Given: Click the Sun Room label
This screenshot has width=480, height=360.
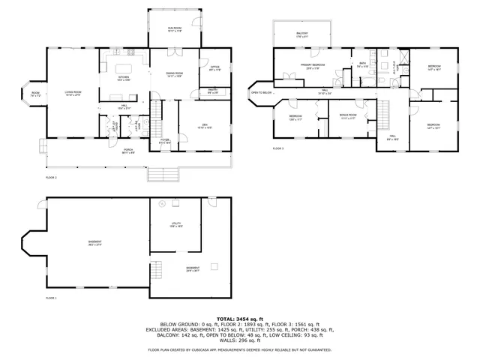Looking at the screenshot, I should click(x=175, y=29).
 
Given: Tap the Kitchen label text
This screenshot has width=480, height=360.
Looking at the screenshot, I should click(x=124, y=77).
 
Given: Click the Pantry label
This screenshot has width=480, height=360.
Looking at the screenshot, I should click(x=213, y=91).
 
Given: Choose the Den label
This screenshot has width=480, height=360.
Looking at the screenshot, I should click(x=204, y=126).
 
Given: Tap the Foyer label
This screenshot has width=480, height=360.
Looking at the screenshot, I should click(x=165, y=140).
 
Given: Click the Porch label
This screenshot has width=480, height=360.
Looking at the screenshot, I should click(x=128, y=151).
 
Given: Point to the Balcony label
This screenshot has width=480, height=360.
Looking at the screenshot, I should click(x=301, y=34).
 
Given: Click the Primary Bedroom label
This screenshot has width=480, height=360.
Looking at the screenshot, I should click(x=313, y=67).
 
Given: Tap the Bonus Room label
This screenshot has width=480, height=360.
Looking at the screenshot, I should click(x=349, y=116).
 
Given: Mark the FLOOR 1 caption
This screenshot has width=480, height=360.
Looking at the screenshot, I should click(x=51, y=298).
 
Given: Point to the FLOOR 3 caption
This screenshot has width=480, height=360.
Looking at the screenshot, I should click(x=277, y=148).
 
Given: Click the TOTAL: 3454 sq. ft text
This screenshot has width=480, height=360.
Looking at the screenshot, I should click(x=240, y=319).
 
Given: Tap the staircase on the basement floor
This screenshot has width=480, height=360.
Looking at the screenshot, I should click(x=157, y=269).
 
